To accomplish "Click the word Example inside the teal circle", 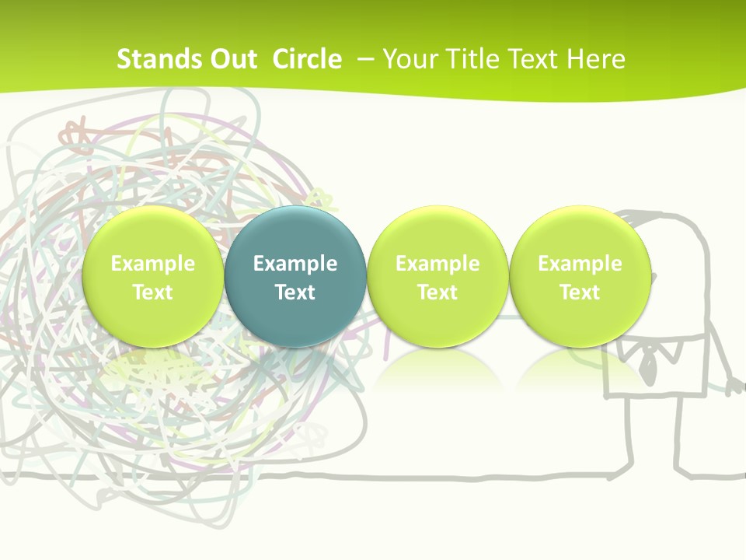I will (x=295, y=264).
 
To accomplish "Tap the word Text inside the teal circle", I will (x=295, y=292).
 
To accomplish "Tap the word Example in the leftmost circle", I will (x=152, y=264).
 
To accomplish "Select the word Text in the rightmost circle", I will (x=580, y=292).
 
